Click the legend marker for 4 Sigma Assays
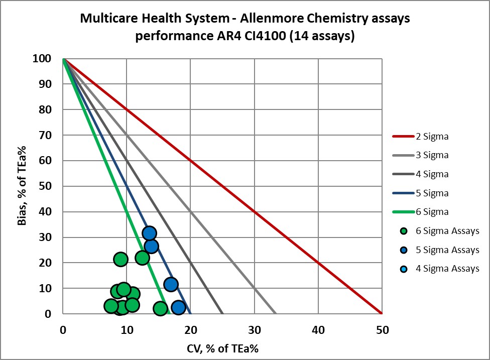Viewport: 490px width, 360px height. [404, 269]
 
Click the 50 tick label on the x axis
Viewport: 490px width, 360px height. [382, 330]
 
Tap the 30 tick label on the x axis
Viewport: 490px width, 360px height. [254, 330]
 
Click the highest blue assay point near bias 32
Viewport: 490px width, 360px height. [149, 233]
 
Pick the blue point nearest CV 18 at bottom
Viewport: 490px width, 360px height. [178, 307]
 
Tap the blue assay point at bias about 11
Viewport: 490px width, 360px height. [171, 285]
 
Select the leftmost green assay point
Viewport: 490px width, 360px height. [111, 306]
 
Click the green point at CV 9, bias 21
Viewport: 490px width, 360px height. [120, 259]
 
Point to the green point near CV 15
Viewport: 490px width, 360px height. [160, 308]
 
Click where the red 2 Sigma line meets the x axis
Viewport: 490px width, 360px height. [382, 314]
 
